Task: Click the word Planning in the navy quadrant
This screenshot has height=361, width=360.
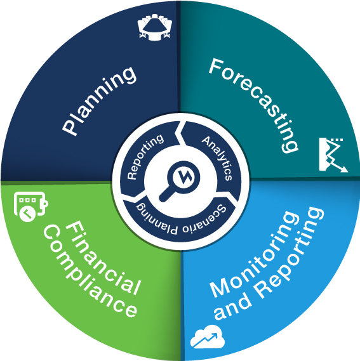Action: pyautogui.click(x=99, y=101)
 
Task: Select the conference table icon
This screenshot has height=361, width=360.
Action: pyautogui.click(x=155, y=27)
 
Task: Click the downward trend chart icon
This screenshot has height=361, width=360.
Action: pyautogui.click(x=333, y=155)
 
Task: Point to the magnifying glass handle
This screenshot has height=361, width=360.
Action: pyautogui.click(x=166, y=194)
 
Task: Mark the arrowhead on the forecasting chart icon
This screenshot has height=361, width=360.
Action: pyautogui.click(x=344, y=169)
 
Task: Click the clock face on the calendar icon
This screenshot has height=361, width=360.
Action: pyautogui.click(x=28, y=214)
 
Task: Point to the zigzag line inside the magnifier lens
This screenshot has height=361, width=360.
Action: pyautogui.click(x=183, y=177)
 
